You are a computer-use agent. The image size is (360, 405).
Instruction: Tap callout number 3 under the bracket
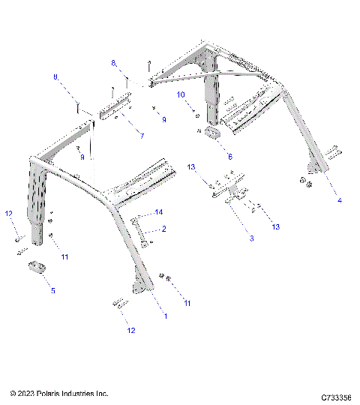click(x=251, y=238)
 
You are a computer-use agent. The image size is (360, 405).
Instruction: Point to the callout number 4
click(x=339, y=200)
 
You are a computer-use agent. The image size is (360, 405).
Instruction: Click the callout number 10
click(x=181, y=94)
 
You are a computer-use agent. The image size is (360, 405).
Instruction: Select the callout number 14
click(x=158, y=213)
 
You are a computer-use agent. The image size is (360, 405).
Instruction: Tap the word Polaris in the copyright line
click(x=51, y=393)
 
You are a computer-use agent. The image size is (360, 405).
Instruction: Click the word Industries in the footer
click(x=80, y=393)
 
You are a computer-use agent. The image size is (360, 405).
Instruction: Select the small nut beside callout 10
click(x=196, y=113)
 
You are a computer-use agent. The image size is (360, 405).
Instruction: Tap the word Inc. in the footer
click(x=103, y=393)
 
